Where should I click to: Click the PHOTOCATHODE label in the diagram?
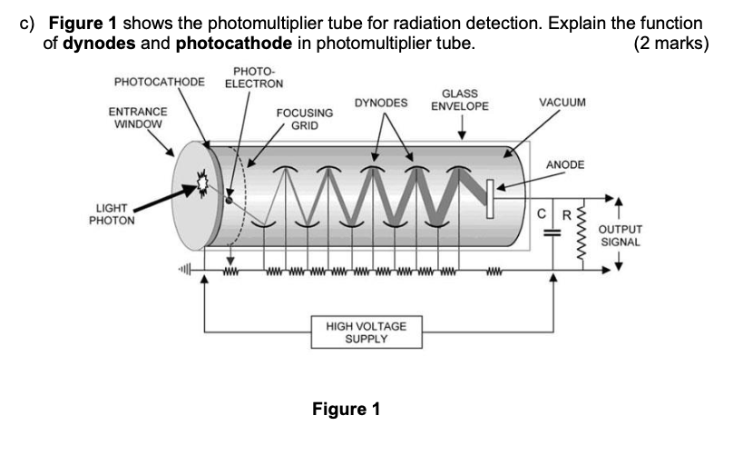coord(160,83)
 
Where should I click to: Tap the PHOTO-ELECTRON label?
coord(253,77)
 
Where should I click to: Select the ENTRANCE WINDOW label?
coord(137,117)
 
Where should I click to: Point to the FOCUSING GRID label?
coord(304,119)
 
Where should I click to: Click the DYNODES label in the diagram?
coord(381,103)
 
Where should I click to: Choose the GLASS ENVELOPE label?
coord(459,100)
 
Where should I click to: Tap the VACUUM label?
coord(562,103)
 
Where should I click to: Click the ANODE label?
coord(565,164)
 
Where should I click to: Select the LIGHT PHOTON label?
coord(115,213)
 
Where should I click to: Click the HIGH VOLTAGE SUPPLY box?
coord(366,332)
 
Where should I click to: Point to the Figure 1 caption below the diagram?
coord(346,409)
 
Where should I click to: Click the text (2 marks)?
coord(672,44)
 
